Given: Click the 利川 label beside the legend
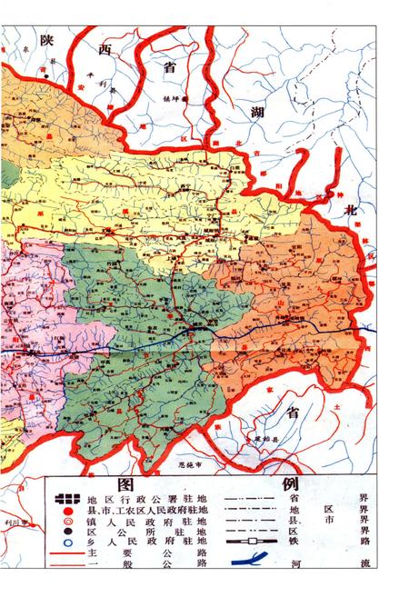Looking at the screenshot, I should (27, 522).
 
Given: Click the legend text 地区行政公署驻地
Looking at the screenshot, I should (148, 498).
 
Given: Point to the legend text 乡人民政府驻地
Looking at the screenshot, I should (148, 538).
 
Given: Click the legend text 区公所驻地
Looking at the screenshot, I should (148, 524).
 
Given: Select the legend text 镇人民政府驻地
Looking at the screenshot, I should (148, 512).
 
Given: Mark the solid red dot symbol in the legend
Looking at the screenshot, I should (65, 512).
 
